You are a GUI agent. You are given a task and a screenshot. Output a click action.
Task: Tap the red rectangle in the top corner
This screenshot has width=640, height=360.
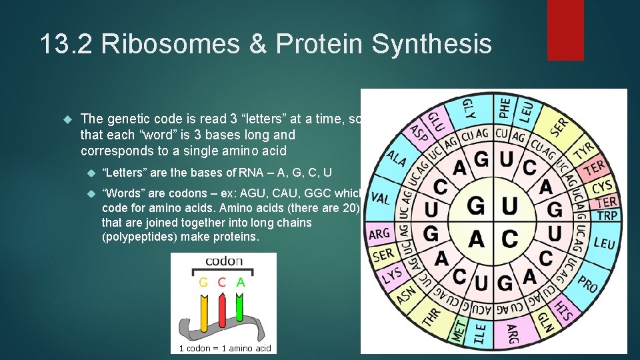565,30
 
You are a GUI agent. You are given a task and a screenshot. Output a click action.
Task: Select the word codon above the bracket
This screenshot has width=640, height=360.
223,261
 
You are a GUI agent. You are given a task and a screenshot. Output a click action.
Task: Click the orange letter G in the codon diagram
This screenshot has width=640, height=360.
204,282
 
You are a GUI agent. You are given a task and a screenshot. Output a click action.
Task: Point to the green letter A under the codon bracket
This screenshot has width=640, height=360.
240,282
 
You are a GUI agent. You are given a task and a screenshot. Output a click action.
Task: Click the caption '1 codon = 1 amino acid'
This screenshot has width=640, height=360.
225,348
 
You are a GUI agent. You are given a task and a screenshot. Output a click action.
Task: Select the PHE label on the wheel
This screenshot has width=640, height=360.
505,107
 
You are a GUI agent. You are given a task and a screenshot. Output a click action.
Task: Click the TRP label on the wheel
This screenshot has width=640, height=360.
607,215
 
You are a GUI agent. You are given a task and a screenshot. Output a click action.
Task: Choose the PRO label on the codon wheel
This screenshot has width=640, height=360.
587,283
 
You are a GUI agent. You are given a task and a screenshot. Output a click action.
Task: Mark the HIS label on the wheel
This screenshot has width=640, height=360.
564,310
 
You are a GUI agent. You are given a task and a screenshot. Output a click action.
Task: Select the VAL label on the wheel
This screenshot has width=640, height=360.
380,198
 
